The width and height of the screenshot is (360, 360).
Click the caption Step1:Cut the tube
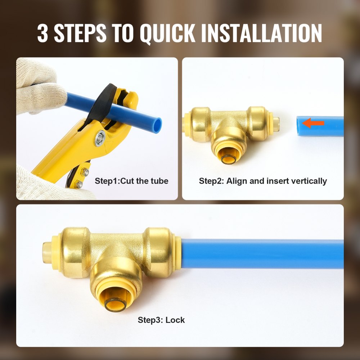(x=131, y=181)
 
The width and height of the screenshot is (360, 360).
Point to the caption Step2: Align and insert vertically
(x=263, y=181)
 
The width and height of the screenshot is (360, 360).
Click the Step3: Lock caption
(x=161, y=320)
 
